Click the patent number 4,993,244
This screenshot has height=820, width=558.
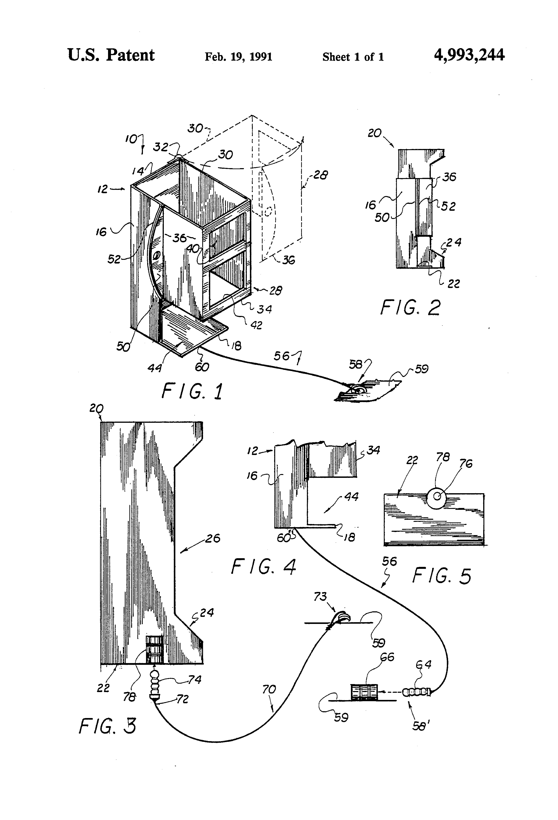click(469, 55)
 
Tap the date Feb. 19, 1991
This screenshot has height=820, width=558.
click(238, 57)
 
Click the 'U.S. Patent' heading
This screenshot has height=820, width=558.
click(111, 55)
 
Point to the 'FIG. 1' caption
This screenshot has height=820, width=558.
click(192, 392)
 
